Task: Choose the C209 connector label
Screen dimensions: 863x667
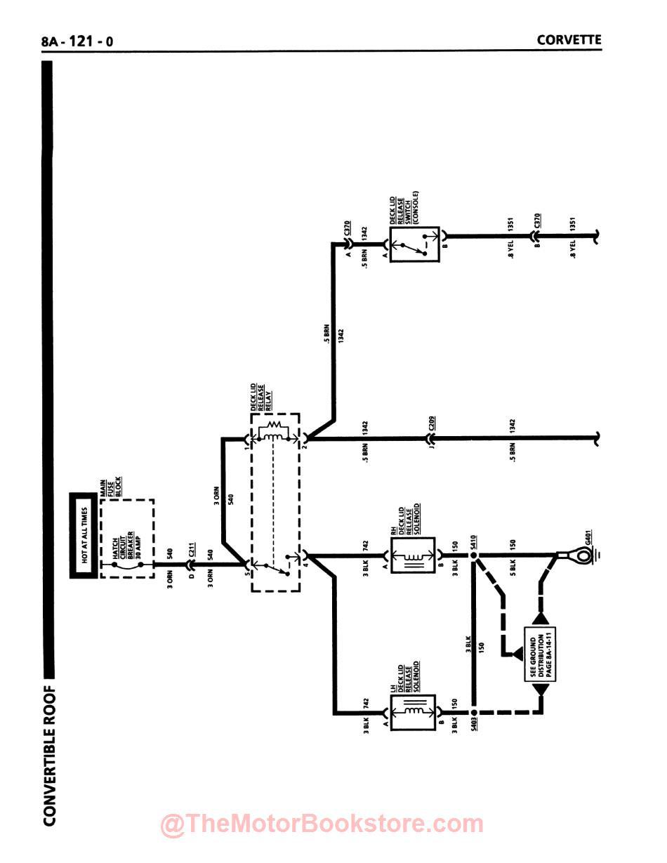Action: point(432,425)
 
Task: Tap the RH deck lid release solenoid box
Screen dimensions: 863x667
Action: point(412,555)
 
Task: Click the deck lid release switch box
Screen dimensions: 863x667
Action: point(414,245)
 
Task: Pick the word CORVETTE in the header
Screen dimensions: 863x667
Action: point(569,39)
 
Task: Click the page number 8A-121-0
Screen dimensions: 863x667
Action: point(77,41)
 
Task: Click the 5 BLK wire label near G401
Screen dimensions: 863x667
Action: point(513,565)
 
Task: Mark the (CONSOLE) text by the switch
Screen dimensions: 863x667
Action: point(416,206)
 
